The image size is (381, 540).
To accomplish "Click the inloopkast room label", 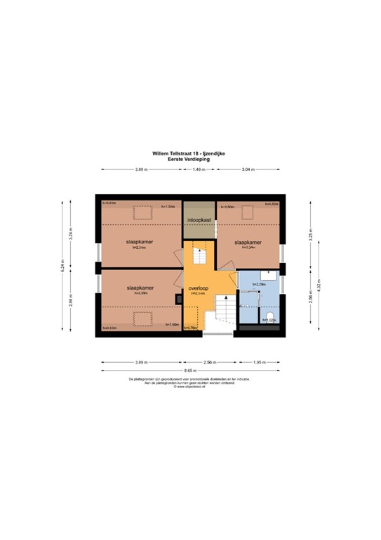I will coord(199,220).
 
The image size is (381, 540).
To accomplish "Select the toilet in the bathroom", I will coord(269,316).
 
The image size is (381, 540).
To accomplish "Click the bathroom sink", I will coord(268,275).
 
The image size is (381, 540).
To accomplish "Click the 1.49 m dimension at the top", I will coord(199,169).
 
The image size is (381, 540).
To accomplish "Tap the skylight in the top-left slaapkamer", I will coord(143,211).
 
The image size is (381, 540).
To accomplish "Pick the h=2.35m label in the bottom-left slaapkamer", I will coord(141,293).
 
